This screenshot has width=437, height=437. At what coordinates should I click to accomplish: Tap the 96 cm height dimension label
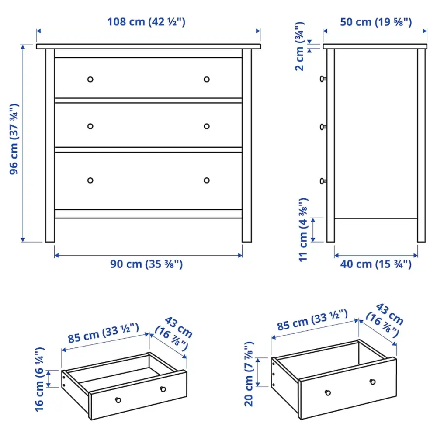[14, 139]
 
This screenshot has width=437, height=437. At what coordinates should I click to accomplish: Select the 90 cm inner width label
[147, 264]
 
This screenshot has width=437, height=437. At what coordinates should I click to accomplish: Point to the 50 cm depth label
[375, 22]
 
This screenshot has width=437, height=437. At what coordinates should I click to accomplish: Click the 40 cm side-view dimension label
[375, 264]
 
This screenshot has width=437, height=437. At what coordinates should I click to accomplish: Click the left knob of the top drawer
[90, 79]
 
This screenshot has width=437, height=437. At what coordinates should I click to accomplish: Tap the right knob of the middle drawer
[207, 126]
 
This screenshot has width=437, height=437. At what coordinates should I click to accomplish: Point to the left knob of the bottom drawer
[90, 180]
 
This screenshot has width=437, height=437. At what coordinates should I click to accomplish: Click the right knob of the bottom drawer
[207, 180]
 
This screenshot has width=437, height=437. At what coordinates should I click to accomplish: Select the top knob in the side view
[323, 79]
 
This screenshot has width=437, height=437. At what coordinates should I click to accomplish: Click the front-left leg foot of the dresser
[50, 238]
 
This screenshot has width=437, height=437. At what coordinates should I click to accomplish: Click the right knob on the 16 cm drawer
[163, 389]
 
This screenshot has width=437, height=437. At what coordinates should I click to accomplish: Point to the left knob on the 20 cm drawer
[327, 392]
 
